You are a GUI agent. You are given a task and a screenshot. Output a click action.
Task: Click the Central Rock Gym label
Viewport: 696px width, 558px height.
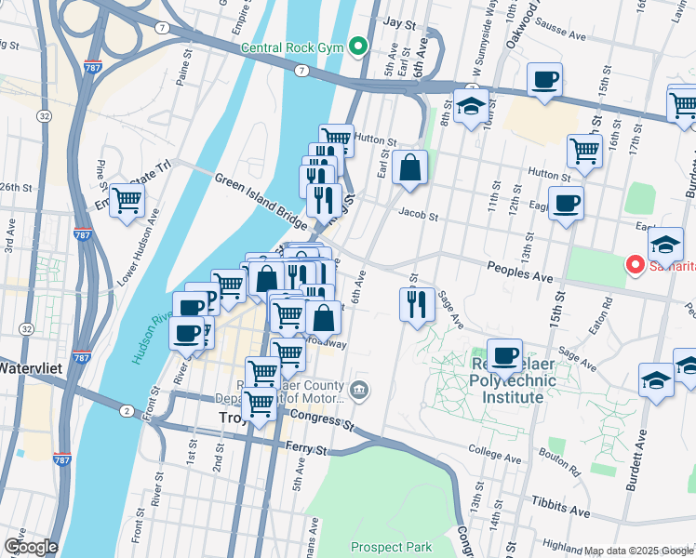[x=292, y=47]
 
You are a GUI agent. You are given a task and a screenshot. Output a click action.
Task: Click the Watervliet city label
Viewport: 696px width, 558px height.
[x=28, y=366]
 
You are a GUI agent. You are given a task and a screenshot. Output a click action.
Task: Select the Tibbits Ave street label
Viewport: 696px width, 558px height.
[x=560, y=511]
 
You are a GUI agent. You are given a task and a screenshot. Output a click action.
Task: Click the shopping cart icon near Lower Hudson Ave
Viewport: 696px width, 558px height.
[x=127, y=199]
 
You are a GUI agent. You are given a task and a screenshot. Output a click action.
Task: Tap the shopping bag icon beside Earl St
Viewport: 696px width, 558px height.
[x=409, y=167]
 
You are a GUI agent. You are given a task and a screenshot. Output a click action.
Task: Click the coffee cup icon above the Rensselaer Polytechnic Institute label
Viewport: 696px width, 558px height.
[x=504, y=354]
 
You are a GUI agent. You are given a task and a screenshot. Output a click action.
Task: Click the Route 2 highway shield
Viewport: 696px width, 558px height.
[x=126, y=410]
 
